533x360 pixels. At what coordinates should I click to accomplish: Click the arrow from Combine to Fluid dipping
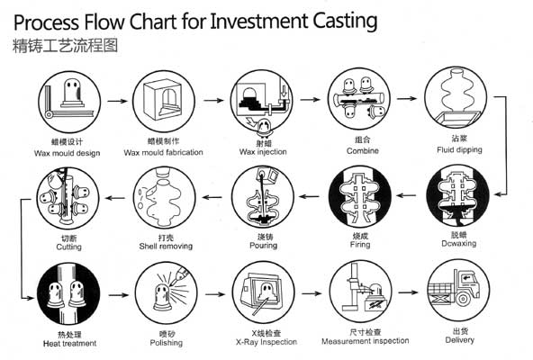(x=408, y=100)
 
